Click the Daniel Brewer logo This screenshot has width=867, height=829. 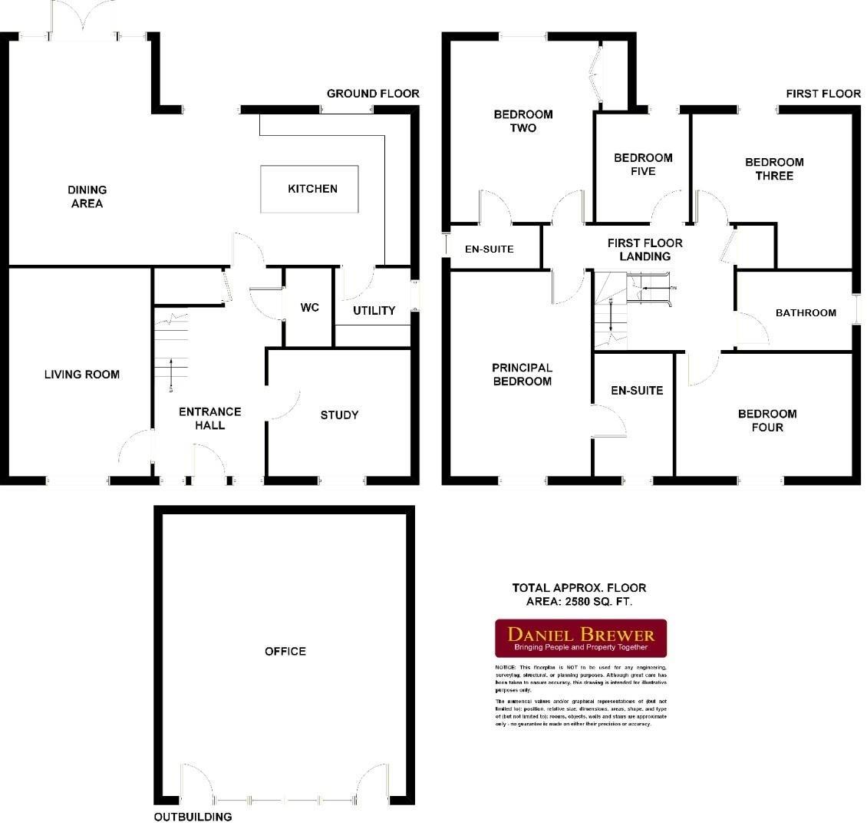point(580,639)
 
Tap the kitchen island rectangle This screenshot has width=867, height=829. point(311,190)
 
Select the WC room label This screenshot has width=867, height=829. point(309,308)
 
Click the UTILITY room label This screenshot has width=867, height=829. point(374,311)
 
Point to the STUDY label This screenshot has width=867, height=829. point(339,415)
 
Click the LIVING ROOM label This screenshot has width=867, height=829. point(81,375)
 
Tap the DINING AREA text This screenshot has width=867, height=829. point(86,197)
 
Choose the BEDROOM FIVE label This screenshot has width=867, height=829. point(643,164)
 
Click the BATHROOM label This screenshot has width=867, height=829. point(806,312)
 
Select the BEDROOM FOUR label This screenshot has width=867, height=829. point(767,420)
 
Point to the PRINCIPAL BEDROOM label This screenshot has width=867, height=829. point(522,375)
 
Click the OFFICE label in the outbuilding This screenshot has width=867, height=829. point(285,651)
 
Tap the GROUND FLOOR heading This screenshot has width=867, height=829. point(373,94)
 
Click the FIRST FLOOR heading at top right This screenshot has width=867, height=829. point(823,94)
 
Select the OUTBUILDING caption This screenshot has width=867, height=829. point(193,817)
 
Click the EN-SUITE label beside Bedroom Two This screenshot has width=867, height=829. point(490,249)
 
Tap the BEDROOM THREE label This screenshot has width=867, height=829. point(774,169)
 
